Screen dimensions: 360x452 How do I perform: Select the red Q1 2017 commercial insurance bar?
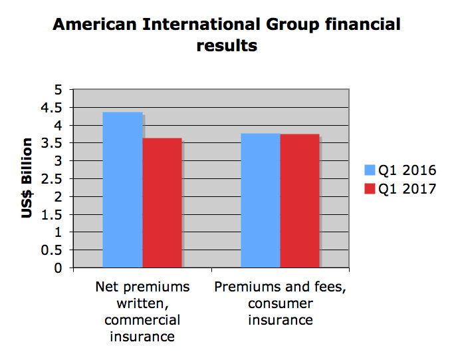[162, 202]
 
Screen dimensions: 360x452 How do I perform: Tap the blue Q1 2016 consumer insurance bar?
[260, 200]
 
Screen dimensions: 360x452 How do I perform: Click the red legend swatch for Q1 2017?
[370, 190]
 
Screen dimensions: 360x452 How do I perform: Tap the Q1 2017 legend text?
[406, 190]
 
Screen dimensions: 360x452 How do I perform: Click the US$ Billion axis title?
[27, 178]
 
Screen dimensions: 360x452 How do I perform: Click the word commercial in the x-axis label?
[142, 320]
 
